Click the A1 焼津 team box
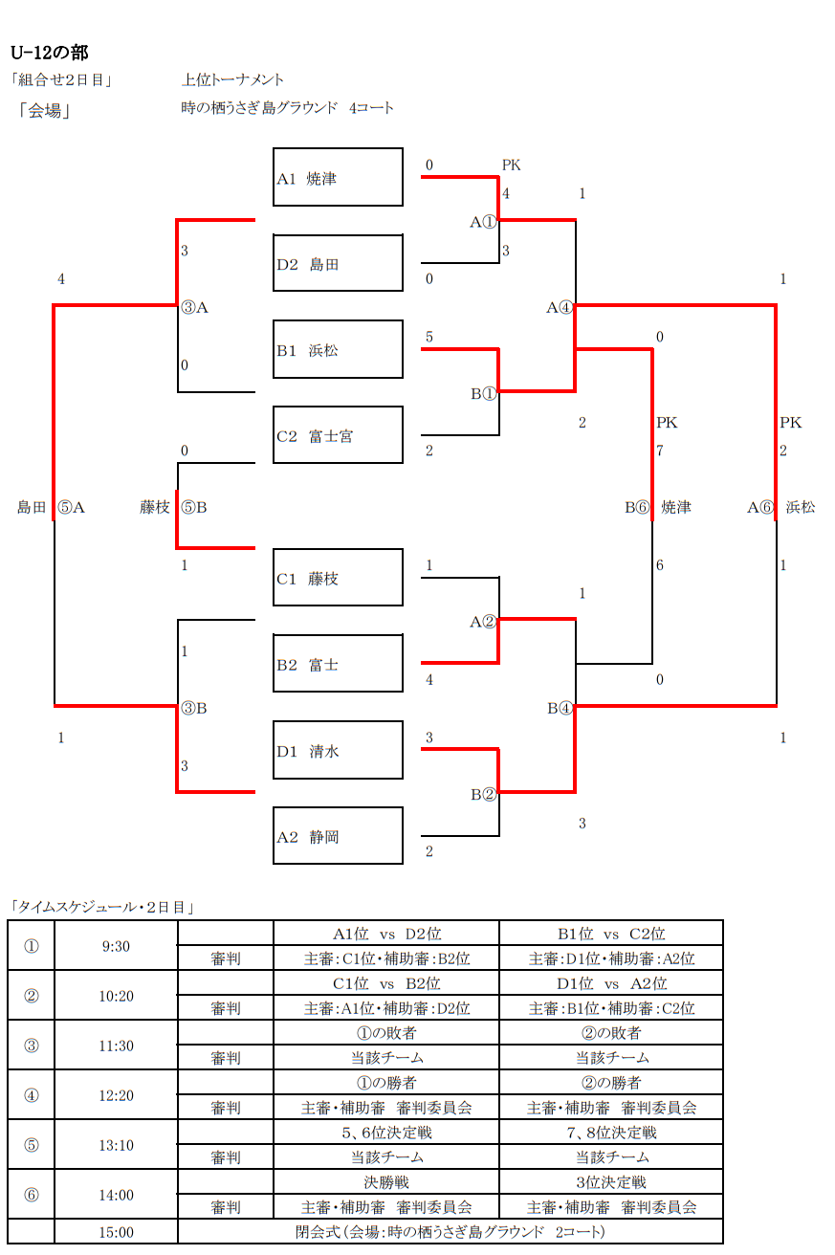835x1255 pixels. [338, 178]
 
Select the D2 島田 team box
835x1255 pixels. [338, 264]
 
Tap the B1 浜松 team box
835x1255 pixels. [338, 350]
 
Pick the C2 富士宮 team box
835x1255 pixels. [338, 436]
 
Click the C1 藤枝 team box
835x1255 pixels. [338, 579]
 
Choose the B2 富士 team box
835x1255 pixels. [338, 665]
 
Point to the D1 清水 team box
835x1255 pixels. [338, 751]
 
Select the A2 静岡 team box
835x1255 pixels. [338, 837]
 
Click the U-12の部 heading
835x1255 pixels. [49, 53]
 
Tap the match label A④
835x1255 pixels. [560, 308]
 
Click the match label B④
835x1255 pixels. [560, 709]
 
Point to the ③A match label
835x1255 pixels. [194, 308]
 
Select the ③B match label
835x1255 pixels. [194, 709]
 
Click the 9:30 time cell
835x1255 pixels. [116, 946]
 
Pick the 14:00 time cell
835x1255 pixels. [116, 1195]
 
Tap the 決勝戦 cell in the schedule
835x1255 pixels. [386, 1182]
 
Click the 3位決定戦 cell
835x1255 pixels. [610, 1182]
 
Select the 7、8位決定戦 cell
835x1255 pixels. [610, 1133]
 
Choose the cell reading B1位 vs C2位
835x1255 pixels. [610, 934]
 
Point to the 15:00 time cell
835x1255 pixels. [116, 1232]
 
